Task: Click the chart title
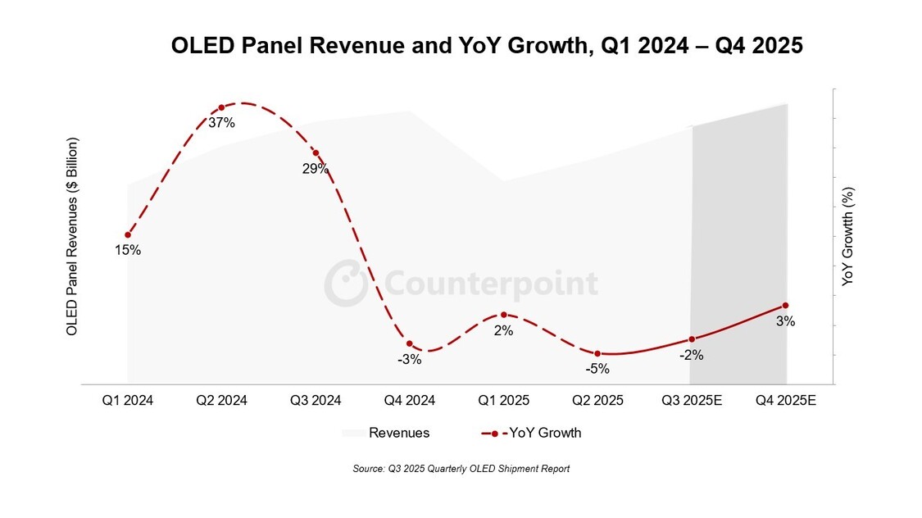pos(486,46)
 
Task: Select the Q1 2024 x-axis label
pos(127,401)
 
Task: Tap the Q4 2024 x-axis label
pos(409,401)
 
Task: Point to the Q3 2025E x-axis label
pos(692,401)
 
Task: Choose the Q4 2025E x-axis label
pos(786,401)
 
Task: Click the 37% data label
pos(221,123)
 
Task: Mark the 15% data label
pos(128,250)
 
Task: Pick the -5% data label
pos(597,369)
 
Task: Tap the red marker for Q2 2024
pos(221,107)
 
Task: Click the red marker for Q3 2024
pos(316,153)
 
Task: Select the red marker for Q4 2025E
pos(786,306)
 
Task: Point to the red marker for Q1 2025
pos(503,315)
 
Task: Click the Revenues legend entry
pos(385,433)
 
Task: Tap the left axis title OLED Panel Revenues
pos(72,236)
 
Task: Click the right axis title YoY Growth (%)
pos(848,236)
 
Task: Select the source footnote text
pos(461,469)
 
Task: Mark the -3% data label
pos(409,359)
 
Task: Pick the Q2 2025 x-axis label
pos(597,401)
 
